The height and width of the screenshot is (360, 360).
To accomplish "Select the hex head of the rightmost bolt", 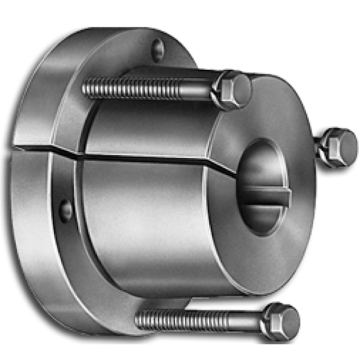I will [339, 147].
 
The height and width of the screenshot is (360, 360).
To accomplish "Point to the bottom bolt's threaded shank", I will [197, 320].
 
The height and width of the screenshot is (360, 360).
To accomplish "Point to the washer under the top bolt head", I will [217, 90].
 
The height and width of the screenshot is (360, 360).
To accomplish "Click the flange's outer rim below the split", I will [34, 225].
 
